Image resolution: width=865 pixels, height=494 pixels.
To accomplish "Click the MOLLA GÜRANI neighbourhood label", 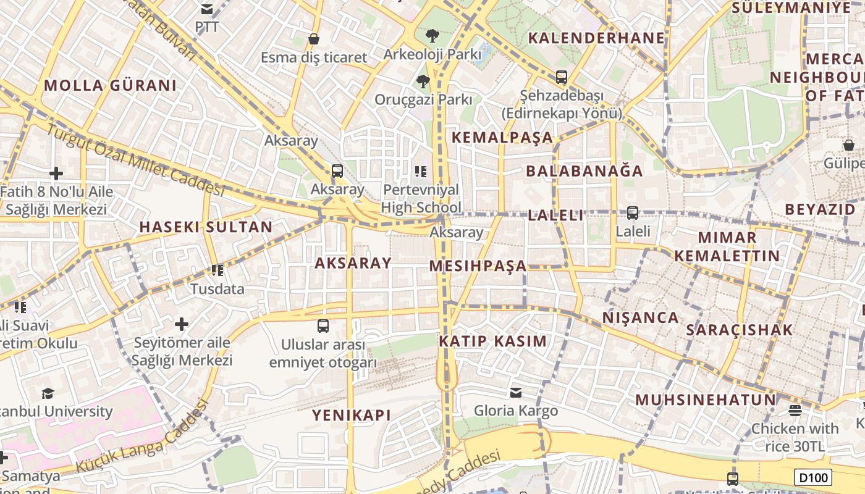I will coord(110,85).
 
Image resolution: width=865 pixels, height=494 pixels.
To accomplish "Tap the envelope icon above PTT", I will coord(207,9).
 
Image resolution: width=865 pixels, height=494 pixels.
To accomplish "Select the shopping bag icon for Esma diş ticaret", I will coord(314,39).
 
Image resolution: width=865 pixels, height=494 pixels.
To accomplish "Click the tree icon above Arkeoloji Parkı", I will coord(432,35).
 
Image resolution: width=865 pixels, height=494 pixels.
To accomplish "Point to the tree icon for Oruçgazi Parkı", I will coord(423,81).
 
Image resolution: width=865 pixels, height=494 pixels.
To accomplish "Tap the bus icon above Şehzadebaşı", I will coord(561,77).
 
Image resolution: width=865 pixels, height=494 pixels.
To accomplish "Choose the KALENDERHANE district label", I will coord(596,38).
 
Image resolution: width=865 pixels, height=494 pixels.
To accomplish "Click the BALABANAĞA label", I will coord(584,171).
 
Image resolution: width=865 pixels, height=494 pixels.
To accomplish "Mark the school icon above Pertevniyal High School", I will coord(421,171).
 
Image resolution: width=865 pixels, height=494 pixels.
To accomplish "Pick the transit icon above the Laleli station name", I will coord(632,213).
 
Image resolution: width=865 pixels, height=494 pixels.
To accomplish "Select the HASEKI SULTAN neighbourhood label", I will coord(206,227).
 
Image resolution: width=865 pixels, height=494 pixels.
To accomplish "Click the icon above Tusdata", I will coord(217,270).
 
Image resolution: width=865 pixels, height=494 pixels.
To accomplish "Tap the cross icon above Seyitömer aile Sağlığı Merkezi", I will coord(182,324).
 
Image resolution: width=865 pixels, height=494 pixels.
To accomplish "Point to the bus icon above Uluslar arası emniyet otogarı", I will coord(323,326).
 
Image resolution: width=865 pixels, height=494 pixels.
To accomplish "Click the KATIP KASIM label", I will coord(492,341).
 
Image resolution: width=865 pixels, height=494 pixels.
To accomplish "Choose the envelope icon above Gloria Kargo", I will coord(515,392).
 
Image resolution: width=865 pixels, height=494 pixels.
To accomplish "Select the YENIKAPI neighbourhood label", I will coord(352,415).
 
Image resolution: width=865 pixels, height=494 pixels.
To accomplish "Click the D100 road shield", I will coord(812,477).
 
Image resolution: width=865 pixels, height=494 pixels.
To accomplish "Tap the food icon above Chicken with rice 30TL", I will coord(795,410).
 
